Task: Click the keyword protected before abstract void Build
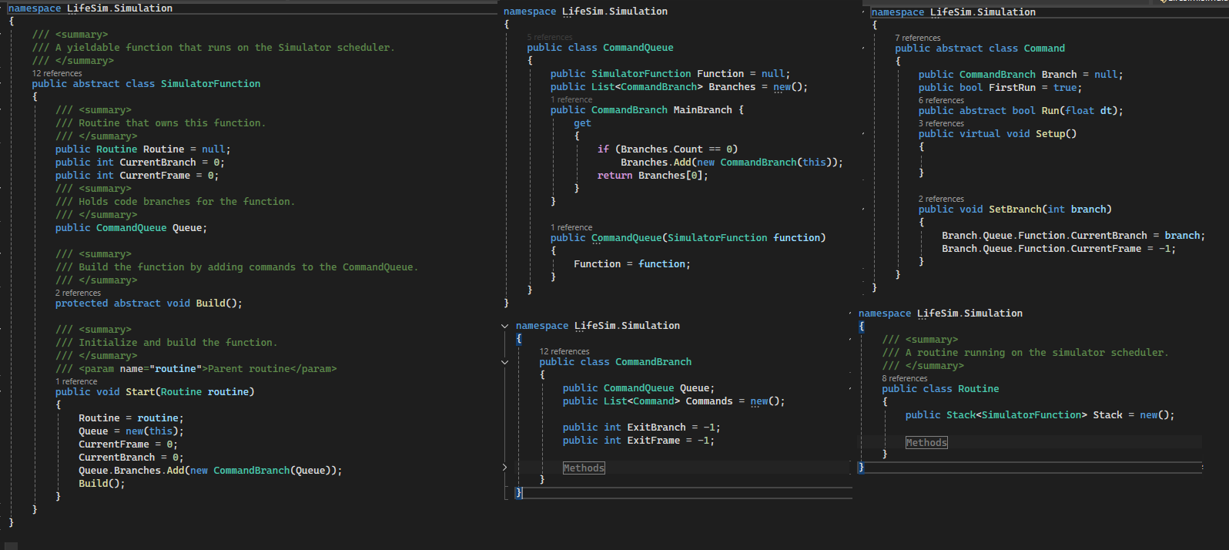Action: click(81, 304)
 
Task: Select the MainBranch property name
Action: click(702, 110)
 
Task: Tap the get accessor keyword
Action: click(582, 123)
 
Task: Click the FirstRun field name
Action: click(1012, 88)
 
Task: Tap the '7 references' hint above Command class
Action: click(917, 38)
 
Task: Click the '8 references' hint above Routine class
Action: click(904, 378)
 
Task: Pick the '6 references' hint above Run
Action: click(941, 100)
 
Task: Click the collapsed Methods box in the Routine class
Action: click(926, 442)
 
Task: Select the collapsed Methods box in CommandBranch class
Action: click(584, 468)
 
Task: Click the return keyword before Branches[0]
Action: click(614, 176)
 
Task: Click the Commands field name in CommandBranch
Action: click(709, 401)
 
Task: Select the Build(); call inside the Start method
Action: click(102, 484)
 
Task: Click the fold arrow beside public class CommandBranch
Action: click(505, 362)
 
